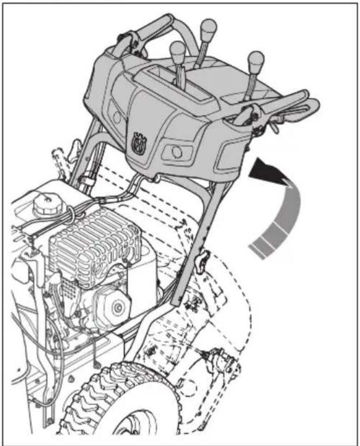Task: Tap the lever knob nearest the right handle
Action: [x=256, y=58]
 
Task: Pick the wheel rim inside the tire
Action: [x=136, y=429]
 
